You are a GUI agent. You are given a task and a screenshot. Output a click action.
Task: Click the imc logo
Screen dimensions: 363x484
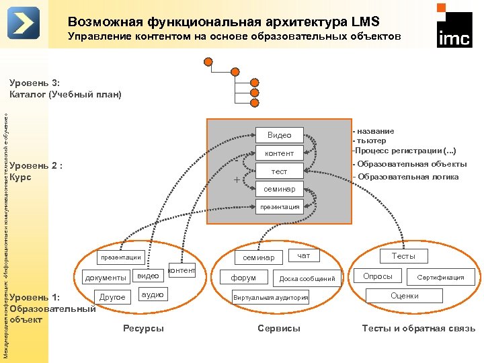pyautogui.click(x=454, y=28)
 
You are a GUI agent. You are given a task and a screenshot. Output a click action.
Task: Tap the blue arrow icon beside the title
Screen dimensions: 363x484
pyautogui.click(x=24, y=24)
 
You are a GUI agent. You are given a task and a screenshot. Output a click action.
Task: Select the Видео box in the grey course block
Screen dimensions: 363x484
pyautogui.click(x=279, y=135)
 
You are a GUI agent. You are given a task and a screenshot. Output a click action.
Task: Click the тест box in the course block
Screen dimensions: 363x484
pyautogui.click(x=279, y=172)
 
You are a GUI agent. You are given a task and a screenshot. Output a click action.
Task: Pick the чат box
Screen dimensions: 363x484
pyautogui.click(x=304, y=255)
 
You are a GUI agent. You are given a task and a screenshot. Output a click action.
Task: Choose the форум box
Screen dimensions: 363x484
pyautogui.click(x=243, y=277)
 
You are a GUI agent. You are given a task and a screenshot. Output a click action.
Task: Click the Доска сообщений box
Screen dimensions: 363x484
pyautogui.click(x=307, y=278)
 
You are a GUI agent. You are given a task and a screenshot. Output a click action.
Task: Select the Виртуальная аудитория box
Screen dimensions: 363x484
pyautogui.click(x=270, y=297)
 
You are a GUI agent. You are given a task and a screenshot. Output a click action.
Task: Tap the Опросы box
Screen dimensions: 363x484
pyautogui.click(x=378, y=276)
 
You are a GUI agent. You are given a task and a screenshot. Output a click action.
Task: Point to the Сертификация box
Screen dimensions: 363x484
pyautogui.click(x=440, y=277)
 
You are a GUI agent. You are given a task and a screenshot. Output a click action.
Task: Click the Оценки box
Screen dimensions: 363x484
pyautogui.click(x=404, y=296)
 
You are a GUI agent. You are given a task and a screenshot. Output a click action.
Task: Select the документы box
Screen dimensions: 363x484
pyautogui.click(x=105, y=277)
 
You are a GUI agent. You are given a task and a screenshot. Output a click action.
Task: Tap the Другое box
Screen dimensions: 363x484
pyautogui.click(x=112, y=296)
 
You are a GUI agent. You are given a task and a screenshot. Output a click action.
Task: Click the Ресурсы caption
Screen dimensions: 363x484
pyautogui.click(x=143, y=328)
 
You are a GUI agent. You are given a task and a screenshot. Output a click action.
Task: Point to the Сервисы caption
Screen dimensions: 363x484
pyautogui.click(x=279, y=328)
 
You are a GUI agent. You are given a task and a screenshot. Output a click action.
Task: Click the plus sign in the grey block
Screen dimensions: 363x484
pyautogui.click(x=236, y=179)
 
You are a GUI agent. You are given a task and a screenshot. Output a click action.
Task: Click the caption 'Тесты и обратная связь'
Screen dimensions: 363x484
pyautogui.click(x=418, y=328)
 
